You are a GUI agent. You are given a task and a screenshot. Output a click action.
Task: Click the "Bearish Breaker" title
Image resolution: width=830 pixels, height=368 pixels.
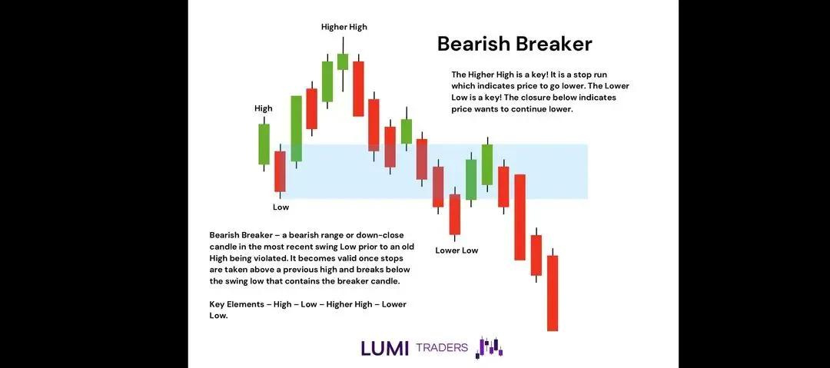click(x=514, y=44)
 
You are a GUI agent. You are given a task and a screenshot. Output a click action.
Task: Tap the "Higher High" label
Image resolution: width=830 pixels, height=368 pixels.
click(x=344, y=27)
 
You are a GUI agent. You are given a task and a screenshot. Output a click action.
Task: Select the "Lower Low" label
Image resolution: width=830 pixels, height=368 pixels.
click(x=456, y=250)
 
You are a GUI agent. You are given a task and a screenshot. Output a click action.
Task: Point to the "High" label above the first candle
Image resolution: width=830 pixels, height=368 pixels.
click(x=263, y=108)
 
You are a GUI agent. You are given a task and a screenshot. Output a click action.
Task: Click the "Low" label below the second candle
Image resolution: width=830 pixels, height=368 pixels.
click(x=281, y=207)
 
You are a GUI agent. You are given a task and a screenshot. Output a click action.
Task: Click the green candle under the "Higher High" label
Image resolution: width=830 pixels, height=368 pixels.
click(x=343, y=61)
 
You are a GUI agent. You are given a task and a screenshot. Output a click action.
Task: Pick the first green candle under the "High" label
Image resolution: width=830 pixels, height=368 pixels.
click(x=264, y=144)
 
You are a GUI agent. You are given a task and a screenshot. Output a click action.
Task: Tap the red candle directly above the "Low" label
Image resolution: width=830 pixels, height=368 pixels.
click(x=280, y=171)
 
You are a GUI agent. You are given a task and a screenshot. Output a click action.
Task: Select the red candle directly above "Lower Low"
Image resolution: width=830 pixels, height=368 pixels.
click(x=454, y=214)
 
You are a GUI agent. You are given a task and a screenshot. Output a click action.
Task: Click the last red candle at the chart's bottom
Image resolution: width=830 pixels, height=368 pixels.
click(x=552, y=292)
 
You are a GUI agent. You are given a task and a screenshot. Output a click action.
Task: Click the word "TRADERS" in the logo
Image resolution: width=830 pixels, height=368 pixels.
click(x=441, y=347)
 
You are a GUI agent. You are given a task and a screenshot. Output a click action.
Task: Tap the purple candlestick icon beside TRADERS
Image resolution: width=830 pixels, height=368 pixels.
click(x=489, y=347)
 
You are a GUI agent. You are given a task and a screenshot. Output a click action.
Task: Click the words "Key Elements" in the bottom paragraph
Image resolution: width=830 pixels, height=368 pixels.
click(x=235, y=304)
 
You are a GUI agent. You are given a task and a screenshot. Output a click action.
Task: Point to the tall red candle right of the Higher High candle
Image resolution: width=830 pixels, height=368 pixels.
click(x=358, y=88)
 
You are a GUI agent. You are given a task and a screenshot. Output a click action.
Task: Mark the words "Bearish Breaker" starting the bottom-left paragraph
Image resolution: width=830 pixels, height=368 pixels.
click(x=237, y=234)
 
